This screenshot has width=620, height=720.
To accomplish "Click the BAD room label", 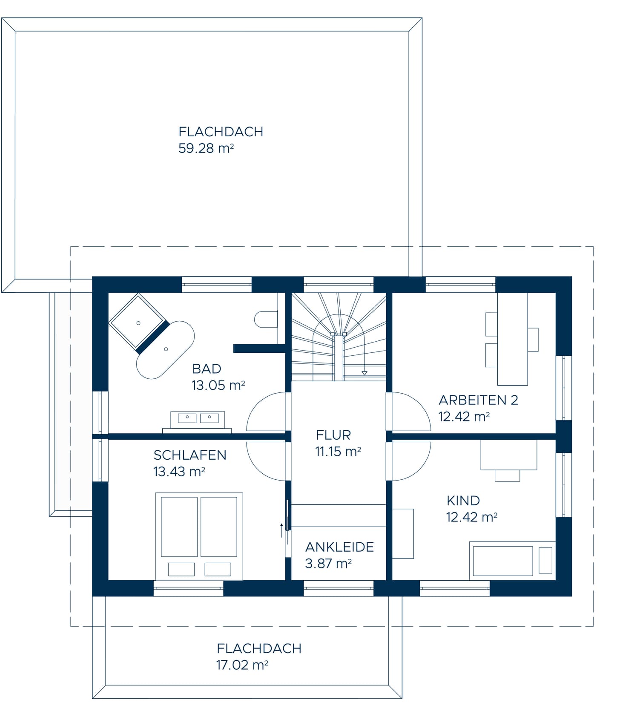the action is (x=207, y=369).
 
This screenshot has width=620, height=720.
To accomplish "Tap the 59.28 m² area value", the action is (x=206, y=148).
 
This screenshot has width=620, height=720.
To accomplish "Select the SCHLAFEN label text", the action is (x=190, y=455).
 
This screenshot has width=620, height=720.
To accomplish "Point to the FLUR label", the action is (x=333, y=435).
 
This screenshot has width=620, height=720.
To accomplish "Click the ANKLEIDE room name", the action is (x=340, y=547).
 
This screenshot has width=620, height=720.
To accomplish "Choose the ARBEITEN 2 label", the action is (x=479, y=400).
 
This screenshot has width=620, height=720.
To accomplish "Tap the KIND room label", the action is (x=463, y=501).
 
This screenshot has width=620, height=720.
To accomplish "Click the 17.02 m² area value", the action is (x=242, y=665).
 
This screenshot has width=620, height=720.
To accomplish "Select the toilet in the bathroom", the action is (x=266, y=319).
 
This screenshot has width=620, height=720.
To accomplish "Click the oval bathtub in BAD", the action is (x=165, y=350).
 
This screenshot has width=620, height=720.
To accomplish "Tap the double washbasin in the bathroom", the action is (x=198, y=420).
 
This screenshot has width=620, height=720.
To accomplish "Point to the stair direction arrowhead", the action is (x=364, y=373).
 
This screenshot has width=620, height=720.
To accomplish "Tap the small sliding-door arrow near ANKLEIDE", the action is (x=281, y=531).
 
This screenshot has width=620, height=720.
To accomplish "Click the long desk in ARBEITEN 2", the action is (x=513, y=339).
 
